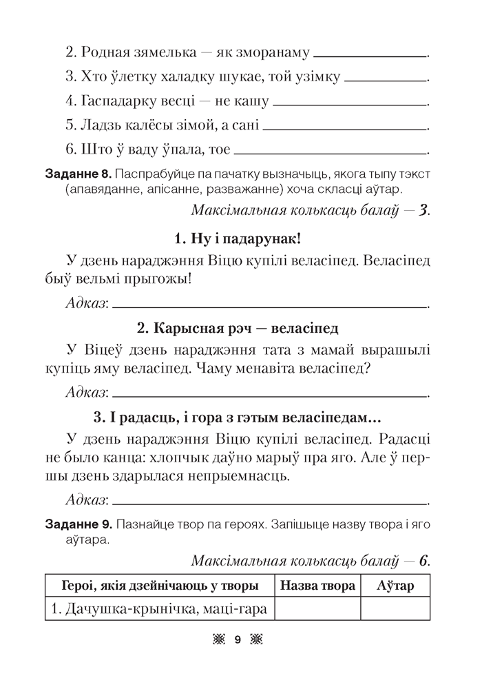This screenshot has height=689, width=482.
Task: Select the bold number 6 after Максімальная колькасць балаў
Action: tap(423, 560)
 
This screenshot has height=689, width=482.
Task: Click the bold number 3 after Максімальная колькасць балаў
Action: tap(423, 210)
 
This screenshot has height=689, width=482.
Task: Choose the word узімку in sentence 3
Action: tap(313, 77)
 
